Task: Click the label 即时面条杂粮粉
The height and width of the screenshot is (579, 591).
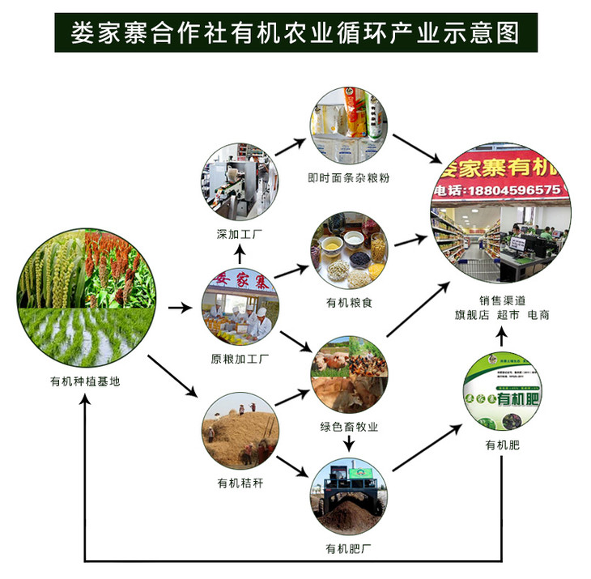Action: (x=349, y=177)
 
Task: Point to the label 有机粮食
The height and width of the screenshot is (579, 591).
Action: (x=349, y=303)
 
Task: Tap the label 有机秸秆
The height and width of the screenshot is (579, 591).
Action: (x=240, y=483)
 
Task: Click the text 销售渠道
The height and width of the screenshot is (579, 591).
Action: (x=501, y=299)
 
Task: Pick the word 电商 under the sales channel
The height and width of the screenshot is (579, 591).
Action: (x=538, y=314)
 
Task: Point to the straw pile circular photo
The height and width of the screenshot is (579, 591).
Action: (x=240, y=429)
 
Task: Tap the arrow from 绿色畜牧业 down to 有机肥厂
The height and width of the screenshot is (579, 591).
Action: (x=349, y=444)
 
